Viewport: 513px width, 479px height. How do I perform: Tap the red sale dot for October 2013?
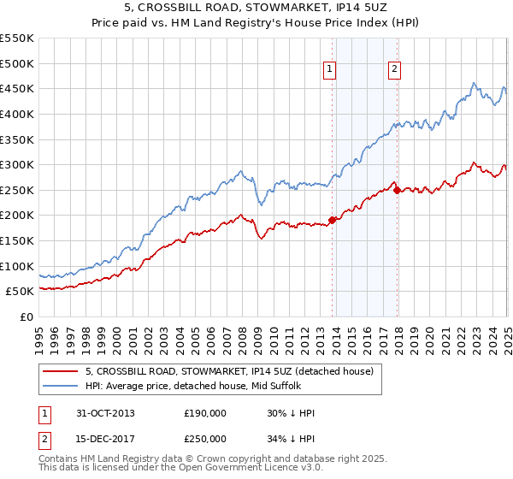tap(333, 220)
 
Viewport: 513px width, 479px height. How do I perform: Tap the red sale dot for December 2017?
tap(398, 190)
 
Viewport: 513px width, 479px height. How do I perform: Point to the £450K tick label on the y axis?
tap(17, 89)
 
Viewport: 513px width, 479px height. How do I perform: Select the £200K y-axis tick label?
tap(17, 216)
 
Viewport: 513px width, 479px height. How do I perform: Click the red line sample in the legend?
tap(61, 371)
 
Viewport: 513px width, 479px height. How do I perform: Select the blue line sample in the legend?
tap(61, 386)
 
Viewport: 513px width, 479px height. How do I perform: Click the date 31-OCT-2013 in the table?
tap(105, 413)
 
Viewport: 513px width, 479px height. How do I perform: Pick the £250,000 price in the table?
tap(205, 439)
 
